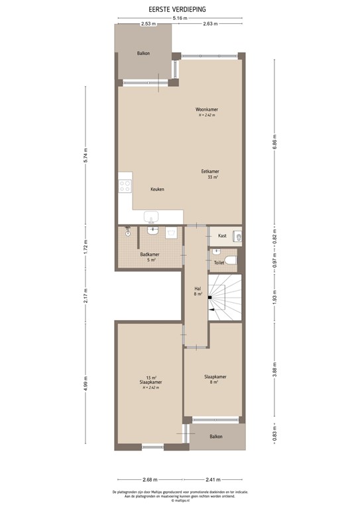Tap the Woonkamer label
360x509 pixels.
[x=206, y=109]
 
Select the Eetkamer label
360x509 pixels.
[x=210, y=171]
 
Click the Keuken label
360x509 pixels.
[x=157, y=189]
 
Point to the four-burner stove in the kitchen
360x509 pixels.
[x=125, y=186]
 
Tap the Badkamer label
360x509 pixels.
[x=149, y=254]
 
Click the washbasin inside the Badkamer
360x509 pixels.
[x=153, y=231]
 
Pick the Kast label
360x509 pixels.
[x=221, y=235]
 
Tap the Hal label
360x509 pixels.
[x=197, y=290]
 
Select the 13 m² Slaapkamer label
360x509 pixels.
[x=151, y=382]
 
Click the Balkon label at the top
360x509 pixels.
[x=144, y=53]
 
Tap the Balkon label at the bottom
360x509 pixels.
[x=215, y=437]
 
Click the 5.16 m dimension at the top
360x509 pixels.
[x=178, y=18]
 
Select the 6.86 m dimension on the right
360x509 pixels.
[x=274, y=142]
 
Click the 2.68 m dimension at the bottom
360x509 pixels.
[x=149, y=479]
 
